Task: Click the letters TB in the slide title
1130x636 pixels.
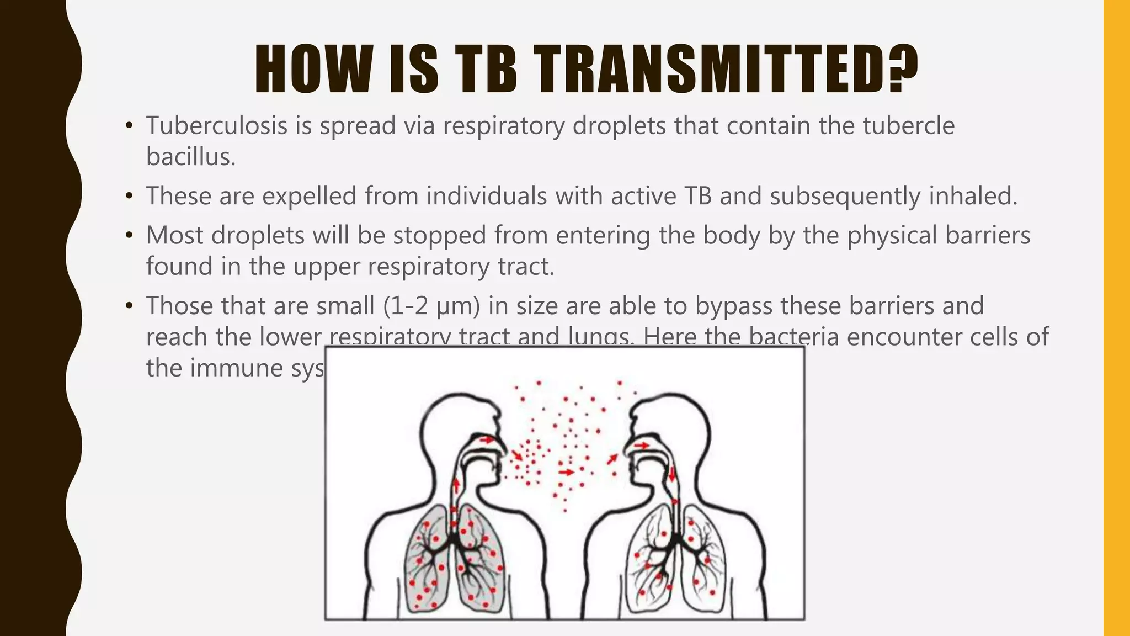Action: pyautogui.click(x=488, y=69)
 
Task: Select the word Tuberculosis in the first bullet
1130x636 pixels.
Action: pyautogui.click(x=216, y=126)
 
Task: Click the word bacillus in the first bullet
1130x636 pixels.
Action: pyautogui.click(x=190, y=157)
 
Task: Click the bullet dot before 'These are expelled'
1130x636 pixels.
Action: pyautogui.click(x=129, y=197)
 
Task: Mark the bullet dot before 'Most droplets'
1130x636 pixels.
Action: pyautogui.click(x=129, y=236)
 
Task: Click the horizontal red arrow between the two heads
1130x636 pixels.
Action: pyautogui.click(x=567, y=472)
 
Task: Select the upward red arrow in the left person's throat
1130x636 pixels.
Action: pyautogui.click(x=456, y=486)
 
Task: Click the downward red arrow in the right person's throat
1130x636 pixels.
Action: pyautogui.click(x=673, y=473)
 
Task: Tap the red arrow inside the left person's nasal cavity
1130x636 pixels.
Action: pyautogui.click(x=487, y=440)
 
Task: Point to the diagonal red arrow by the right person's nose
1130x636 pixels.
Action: pyautogui.click(x=612, y=459)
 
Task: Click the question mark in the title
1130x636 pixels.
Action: pyautogui.click(x=903, y=69)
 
